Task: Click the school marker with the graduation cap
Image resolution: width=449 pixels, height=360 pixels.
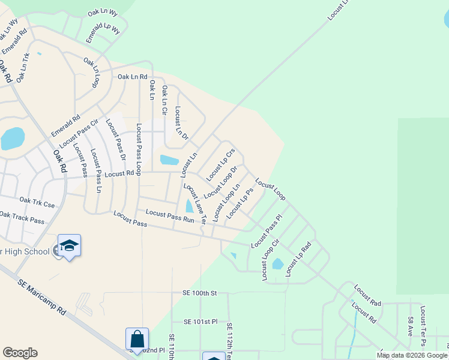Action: point(69,246)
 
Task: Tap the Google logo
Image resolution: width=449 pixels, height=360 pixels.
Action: point(20,353)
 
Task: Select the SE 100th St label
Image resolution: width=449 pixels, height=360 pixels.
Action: point(199,292)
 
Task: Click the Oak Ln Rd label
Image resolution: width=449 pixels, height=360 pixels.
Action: point(132,76)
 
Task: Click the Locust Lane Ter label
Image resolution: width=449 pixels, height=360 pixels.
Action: point(194,203)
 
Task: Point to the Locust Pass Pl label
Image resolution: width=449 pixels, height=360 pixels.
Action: point(266,232)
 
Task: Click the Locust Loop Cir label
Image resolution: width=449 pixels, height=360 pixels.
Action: point(271,259)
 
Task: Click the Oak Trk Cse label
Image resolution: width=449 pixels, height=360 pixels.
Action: point(37,203)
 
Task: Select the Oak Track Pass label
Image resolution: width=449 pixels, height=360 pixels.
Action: point(22,217)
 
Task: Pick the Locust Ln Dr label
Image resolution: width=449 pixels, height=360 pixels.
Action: point(181,124)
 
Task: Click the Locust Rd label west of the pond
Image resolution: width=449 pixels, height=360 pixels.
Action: point(119,174)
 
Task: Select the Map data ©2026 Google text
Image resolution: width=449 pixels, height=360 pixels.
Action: point(412,355)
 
